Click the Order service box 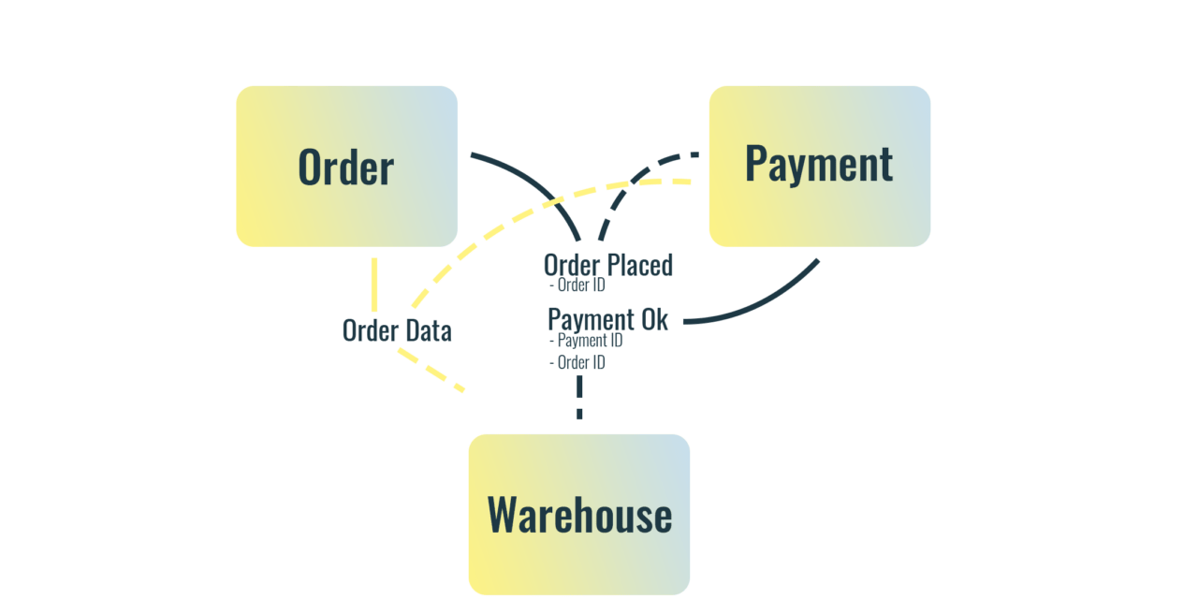pos(346,167)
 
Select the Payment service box pos(819,166)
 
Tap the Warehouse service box pos(578,514)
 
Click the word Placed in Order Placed pos(639,265)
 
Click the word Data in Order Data pos(428,330)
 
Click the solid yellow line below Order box pos(374,285)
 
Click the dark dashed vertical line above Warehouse pos(580,397)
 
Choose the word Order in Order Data pos(371,330)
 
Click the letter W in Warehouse pos(503,515)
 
